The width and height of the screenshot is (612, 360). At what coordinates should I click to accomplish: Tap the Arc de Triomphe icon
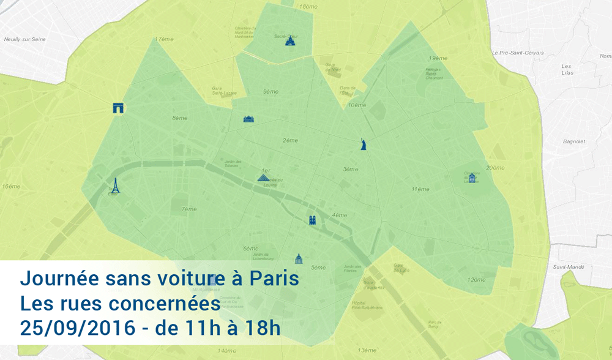pos(118,108)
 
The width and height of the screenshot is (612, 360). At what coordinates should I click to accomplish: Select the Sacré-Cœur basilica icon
pos(290,40)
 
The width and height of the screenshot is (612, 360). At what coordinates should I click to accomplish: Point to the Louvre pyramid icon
pos(263,178)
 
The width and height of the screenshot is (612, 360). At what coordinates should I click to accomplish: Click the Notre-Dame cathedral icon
pos(312,220)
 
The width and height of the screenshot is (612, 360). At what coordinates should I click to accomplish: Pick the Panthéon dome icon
pos(299,258)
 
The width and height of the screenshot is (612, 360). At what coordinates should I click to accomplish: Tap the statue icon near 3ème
pos(364,144)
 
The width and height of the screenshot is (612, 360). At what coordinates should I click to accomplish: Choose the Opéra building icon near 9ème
pos(248,119)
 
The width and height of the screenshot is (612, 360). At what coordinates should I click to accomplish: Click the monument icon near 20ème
pos(472,178)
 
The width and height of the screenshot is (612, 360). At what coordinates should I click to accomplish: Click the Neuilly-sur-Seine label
pos(24,39)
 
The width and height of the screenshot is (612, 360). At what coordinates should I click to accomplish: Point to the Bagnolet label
pos(574,141)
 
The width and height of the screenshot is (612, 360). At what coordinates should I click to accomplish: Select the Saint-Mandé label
pos(569,267)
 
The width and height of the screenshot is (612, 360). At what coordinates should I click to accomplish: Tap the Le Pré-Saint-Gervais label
pos(518,53)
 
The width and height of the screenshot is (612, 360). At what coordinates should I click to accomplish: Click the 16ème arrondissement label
pos(11,186)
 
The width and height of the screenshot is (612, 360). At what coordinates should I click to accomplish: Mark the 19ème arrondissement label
pos(438,58)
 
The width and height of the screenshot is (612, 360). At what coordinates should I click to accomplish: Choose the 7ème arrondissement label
pos(189,209)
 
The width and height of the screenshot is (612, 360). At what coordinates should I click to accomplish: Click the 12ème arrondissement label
pos(476,280)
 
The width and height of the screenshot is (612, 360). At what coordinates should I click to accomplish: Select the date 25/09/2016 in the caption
pos(77,328)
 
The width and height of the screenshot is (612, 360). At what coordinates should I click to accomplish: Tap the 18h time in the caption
pos(259,328)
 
